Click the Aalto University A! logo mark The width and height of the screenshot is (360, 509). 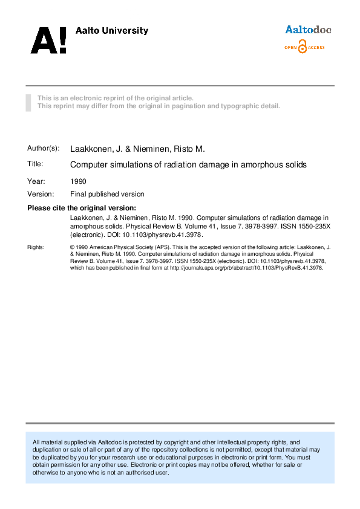tap(48, 40)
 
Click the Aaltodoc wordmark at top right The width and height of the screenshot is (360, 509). tap(308, 30)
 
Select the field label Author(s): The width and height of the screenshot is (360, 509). tap(44, 149)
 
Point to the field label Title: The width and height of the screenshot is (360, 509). tap(35, 164)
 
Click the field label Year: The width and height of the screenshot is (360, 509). tap(36, 181)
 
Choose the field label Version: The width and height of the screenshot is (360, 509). tap(41, 194)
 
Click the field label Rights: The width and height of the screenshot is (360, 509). tap(36, 247)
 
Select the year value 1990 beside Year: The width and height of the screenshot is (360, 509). tap(79, 181)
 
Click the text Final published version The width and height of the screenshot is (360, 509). tap(108, 194)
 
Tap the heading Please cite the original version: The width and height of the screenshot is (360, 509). tap(82, 208)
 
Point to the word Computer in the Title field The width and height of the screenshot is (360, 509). tap(89, 164)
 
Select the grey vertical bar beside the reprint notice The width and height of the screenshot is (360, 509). tap(28, 102)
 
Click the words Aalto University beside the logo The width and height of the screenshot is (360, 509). tap(111, 31)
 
